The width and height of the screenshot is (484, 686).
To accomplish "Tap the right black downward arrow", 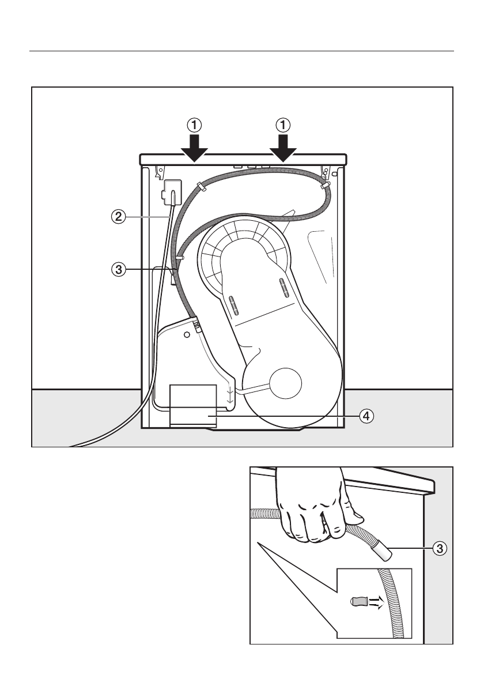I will click(283, 148).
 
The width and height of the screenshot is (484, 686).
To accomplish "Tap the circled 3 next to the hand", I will click(440, 549).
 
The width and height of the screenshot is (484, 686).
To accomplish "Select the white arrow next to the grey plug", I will click(375, 603).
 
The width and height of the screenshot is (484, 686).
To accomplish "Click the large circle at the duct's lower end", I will click(281, 383).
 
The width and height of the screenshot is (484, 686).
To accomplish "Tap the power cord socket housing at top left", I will click(172, 191).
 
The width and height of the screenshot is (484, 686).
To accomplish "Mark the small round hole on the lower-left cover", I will click(187, 334).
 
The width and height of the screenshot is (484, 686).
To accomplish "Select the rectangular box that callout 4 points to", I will click(193, 405).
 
